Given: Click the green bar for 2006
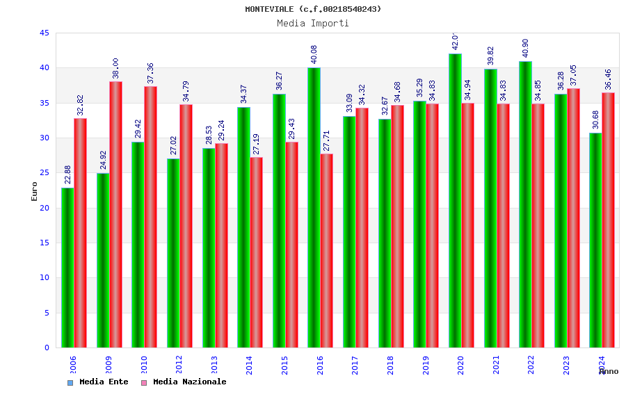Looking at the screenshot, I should point(67,268).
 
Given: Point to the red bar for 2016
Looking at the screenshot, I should point(327,250).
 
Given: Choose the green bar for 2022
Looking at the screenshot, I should point(525,204).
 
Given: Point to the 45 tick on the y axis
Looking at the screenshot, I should point(45,33).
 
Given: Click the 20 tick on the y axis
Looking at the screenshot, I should point(45,208).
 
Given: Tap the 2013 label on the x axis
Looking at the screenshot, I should point(214,365).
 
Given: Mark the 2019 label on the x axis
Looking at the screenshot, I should point(426,365).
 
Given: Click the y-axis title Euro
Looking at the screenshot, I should point(34,191).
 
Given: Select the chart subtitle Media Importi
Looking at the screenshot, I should point(313,23).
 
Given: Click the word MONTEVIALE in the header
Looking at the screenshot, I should point(269,9).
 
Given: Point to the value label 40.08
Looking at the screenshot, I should point(314,54).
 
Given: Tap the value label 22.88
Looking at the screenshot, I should point(67,174).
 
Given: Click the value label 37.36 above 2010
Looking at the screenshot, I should point(150,73).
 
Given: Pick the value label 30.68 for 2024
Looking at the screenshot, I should point(595,120).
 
